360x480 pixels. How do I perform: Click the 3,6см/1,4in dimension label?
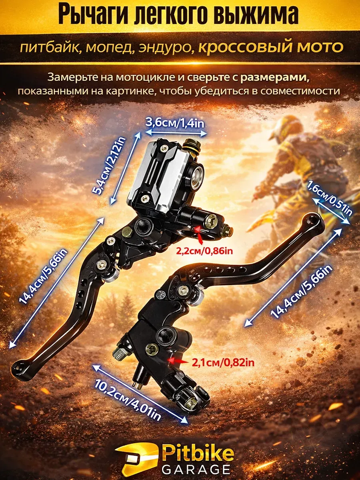175,123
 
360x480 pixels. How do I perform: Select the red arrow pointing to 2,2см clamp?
198,235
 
